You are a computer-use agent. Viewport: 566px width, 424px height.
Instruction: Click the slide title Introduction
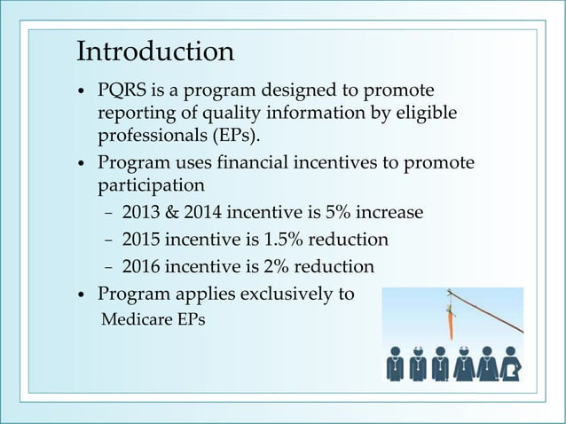[155, 51]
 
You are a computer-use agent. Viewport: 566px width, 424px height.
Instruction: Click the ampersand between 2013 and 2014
[173, 214]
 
